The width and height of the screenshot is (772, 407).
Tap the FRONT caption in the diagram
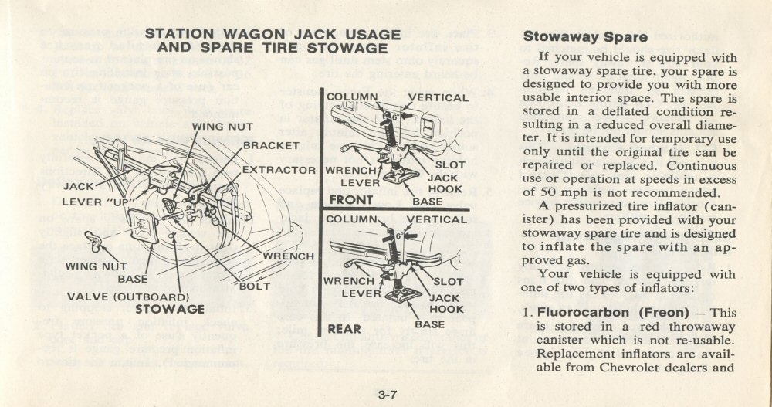click(351, 199)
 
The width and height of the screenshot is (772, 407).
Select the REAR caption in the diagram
click(345, 329)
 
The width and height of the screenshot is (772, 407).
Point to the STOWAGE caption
click(170, 309)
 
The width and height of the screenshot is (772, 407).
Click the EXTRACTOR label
click(279, 169)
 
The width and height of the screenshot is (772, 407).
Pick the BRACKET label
click(271, 145)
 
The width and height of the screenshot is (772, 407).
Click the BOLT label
click(255, 286)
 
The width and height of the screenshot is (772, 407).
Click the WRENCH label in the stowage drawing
click(289, 256)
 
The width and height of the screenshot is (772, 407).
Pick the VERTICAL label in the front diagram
click(438, 98)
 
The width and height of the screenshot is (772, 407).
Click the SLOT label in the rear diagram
click(449, 282)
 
